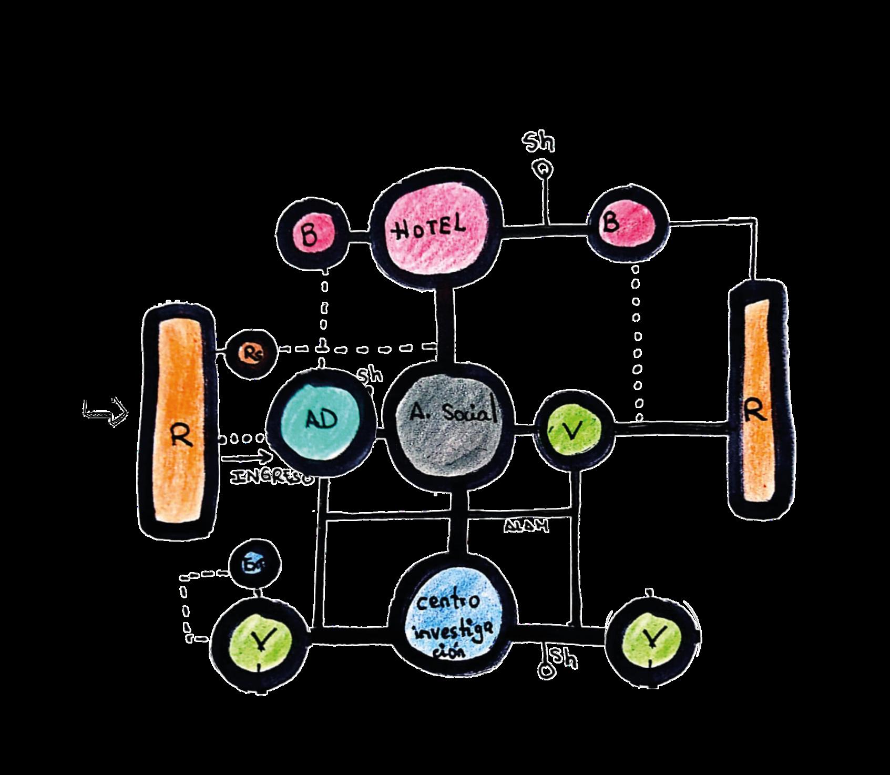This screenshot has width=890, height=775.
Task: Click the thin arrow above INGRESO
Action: click(246, 458)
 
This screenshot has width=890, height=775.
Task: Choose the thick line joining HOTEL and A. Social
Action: click(446, 321)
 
